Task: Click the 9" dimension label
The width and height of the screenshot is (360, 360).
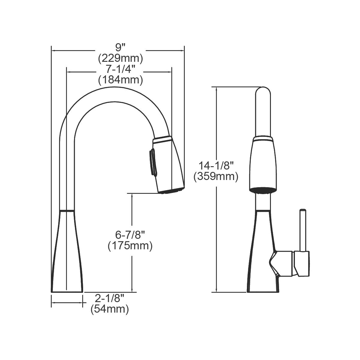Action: pos(120,47)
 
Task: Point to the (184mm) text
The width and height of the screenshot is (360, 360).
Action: pos(120,80)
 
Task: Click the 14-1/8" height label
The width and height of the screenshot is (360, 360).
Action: pos(216,165)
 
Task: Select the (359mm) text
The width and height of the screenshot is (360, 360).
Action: pos(216,176)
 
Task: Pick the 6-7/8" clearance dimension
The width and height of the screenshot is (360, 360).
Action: pos(130,235)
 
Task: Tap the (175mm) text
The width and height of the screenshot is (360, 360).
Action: pos(130,246)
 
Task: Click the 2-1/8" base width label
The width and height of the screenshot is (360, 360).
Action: pos(109,298)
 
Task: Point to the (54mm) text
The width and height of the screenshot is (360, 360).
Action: pos(109,309)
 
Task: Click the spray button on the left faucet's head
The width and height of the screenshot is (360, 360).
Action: pos(152,162)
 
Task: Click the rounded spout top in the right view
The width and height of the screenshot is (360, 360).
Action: pos(263,93)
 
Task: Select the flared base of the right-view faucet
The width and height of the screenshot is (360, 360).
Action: pos(263,270)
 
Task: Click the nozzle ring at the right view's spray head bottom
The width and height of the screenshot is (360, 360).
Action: pos(263,190)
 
